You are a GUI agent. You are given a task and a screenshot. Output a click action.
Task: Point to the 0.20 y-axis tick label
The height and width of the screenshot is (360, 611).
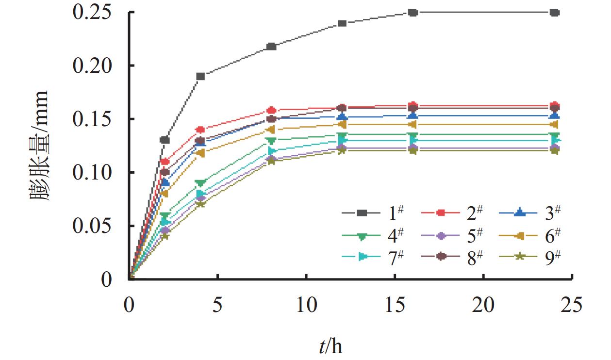pos(97,65)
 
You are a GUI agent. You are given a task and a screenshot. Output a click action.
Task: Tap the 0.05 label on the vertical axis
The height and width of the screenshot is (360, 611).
pos(97,226)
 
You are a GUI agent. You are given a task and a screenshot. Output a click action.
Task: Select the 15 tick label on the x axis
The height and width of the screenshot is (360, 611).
pos(395,306)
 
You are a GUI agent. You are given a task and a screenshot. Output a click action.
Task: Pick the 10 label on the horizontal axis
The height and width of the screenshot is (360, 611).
pos(306,306)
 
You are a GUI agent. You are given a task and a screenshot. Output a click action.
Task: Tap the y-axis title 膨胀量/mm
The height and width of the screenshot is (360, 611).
pos(39,146)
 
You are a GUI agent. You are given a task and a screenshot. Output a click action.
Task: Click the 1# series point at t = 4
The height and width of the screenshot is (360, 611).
pos(200,76)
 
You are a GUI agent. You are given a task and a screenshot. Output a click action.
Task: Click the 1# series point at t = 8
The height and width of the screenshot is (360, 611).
pos(271,47)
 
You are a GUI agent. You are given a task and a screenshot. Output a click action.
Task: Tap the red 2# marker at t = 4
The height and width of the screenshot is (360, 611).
pos(200,130)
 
